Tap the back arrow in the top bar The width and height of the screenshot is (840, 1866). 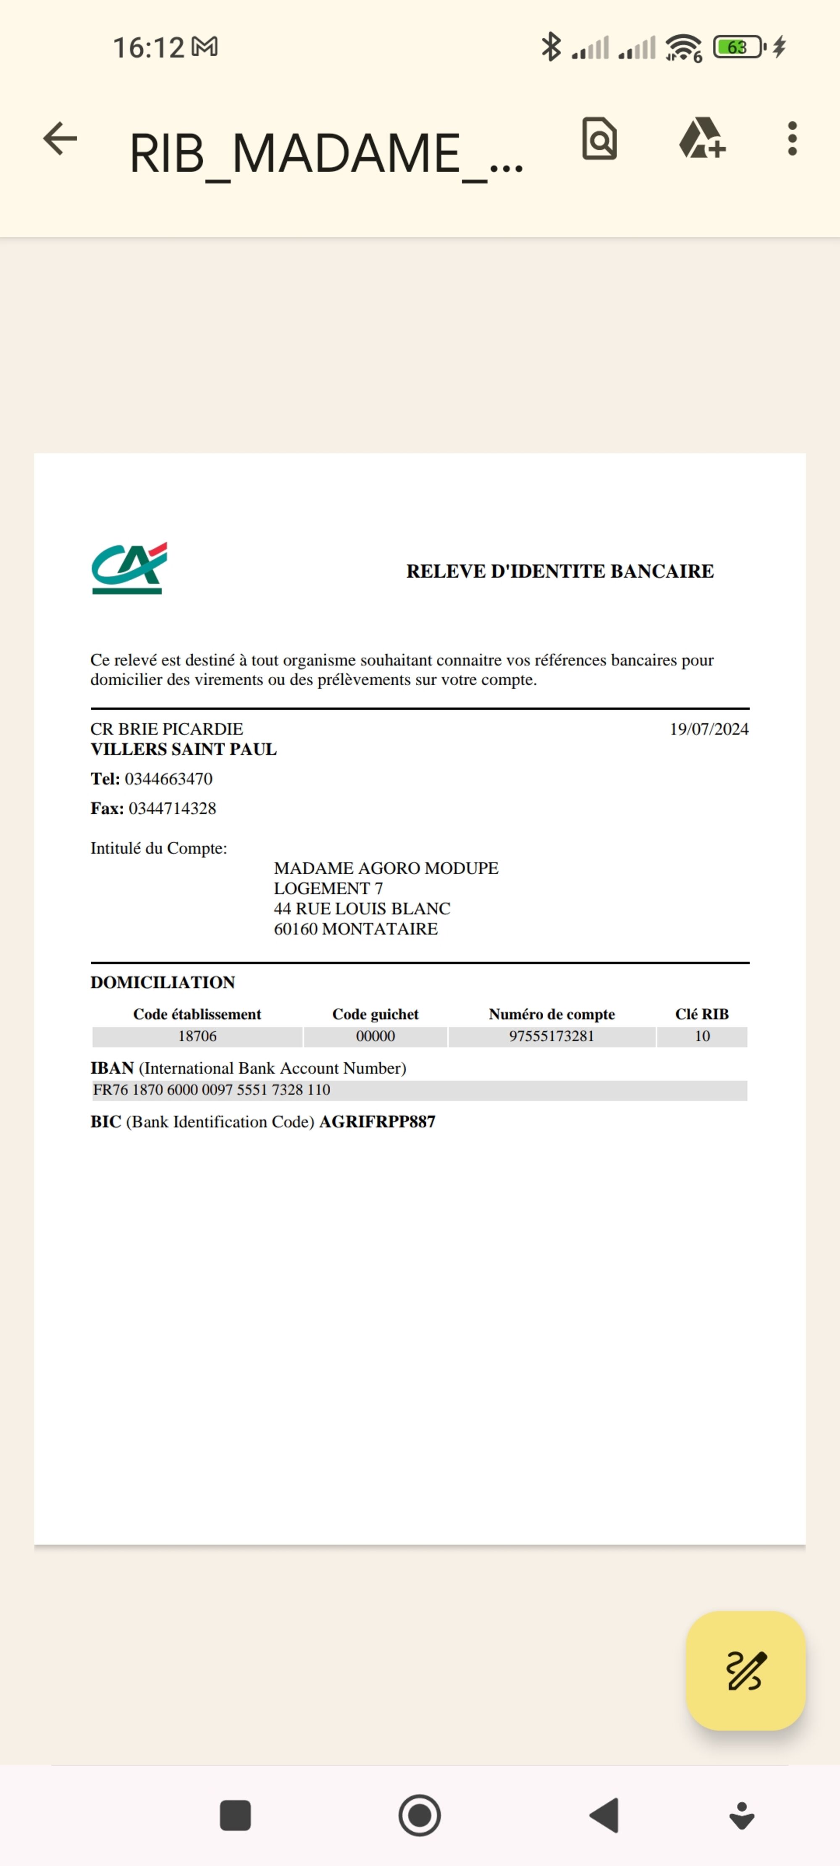point(60,139)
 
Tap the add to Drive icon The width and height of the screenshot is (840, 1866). point(701,139)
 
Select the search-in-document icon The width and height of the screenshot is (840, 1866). point(599,139)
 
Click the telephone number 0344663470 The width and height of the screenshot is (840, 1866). point(169,779)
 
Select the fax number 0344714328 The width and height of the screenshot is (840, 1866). point(173,808)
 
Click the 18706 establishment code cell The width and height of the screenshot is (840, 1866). point(197,1036)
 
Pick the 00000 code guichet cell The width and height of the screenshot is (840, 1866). point(375,1036)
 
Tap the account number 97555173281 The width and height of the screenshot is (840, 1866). point(551,1036)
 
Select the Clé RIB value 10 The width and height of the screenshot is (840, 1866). point(701,1036)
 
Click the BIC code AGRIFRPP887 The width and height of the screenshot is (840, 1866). point(377,1122)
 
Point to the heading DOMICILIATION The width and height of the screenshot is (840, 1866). point(163,982)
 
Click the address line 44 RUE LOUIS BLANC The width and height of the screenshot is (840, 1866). point(362,908)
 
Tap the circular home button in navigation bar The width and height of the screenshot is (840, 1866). point(420,1815)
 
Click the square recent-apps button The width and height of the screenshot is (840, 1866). point(235,1815)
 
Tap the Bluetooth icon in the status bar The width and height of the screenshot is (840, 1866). point(551,47)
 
